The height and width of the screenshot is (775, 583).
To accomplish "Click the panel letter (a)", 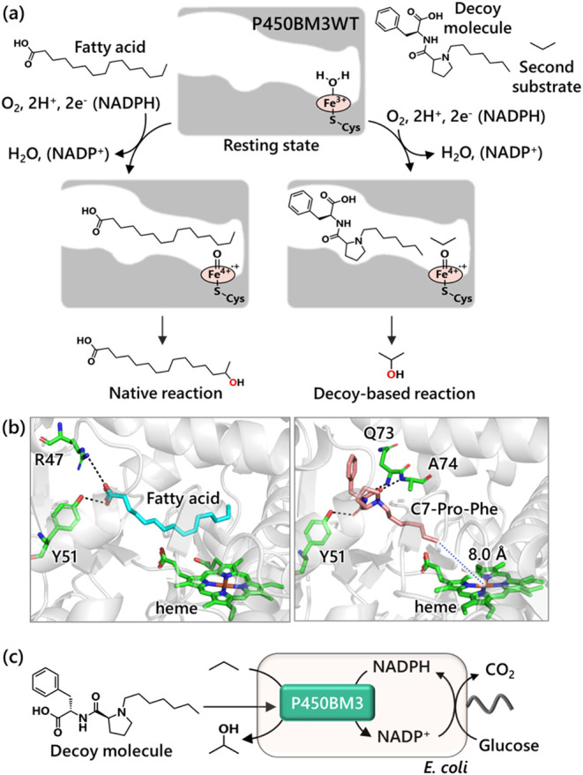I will pyautogui.click(x=20, y=14).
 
